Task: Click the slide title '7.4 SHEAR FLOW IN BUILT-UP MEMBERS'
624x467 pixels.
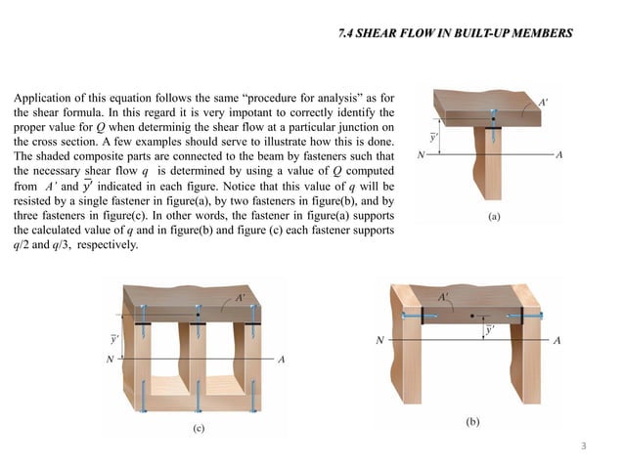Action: pos(454,34)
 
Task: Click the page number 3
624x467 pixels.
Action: pos(584,446)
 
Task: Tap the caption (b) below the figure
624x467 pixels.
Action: pos(472,423)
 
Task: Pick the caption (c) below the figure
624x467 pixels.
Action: pos(199,428)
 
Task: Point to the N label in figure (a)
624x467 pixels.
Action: pos(421,154)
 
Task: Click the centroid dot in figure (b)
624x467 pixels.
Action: pos(473,317)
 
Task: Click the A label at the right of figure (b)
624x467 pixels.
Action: pos(557,341)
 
